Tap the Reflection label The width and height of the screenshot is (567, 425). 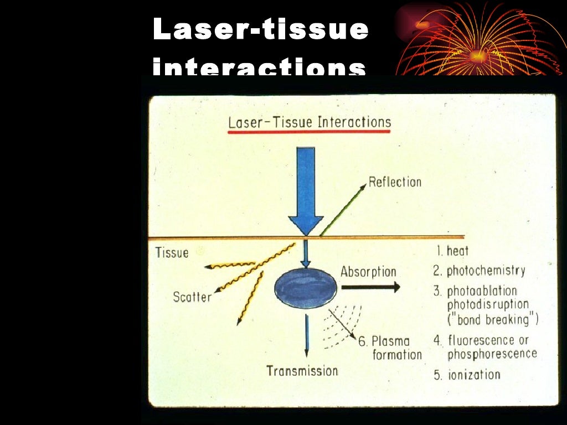tap(395, 182)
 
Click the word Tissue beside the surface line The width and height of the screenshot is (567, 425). tap(172, 253)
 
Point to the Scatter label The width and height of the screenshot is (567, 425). tap(192, 297)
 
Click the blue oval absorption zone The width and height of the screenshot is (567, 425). tap(302, 287)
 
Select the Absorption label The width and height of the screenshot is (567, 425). tap(368, 272)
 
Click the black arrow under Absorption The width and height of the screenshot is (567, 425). tap(370, 287)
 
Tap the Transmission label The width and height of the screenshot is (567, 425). tap(302, 371)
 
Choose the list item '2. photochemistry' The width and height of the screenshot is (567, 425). tap(479, 271)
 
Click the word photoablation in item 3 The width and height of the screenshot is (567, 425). tap(482, 291)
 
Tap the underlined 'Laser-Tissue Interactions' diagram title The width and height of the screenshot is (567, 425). tap(310, 122)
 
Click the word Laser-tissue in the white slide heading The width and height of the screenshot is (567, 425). tap(260, 29)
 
